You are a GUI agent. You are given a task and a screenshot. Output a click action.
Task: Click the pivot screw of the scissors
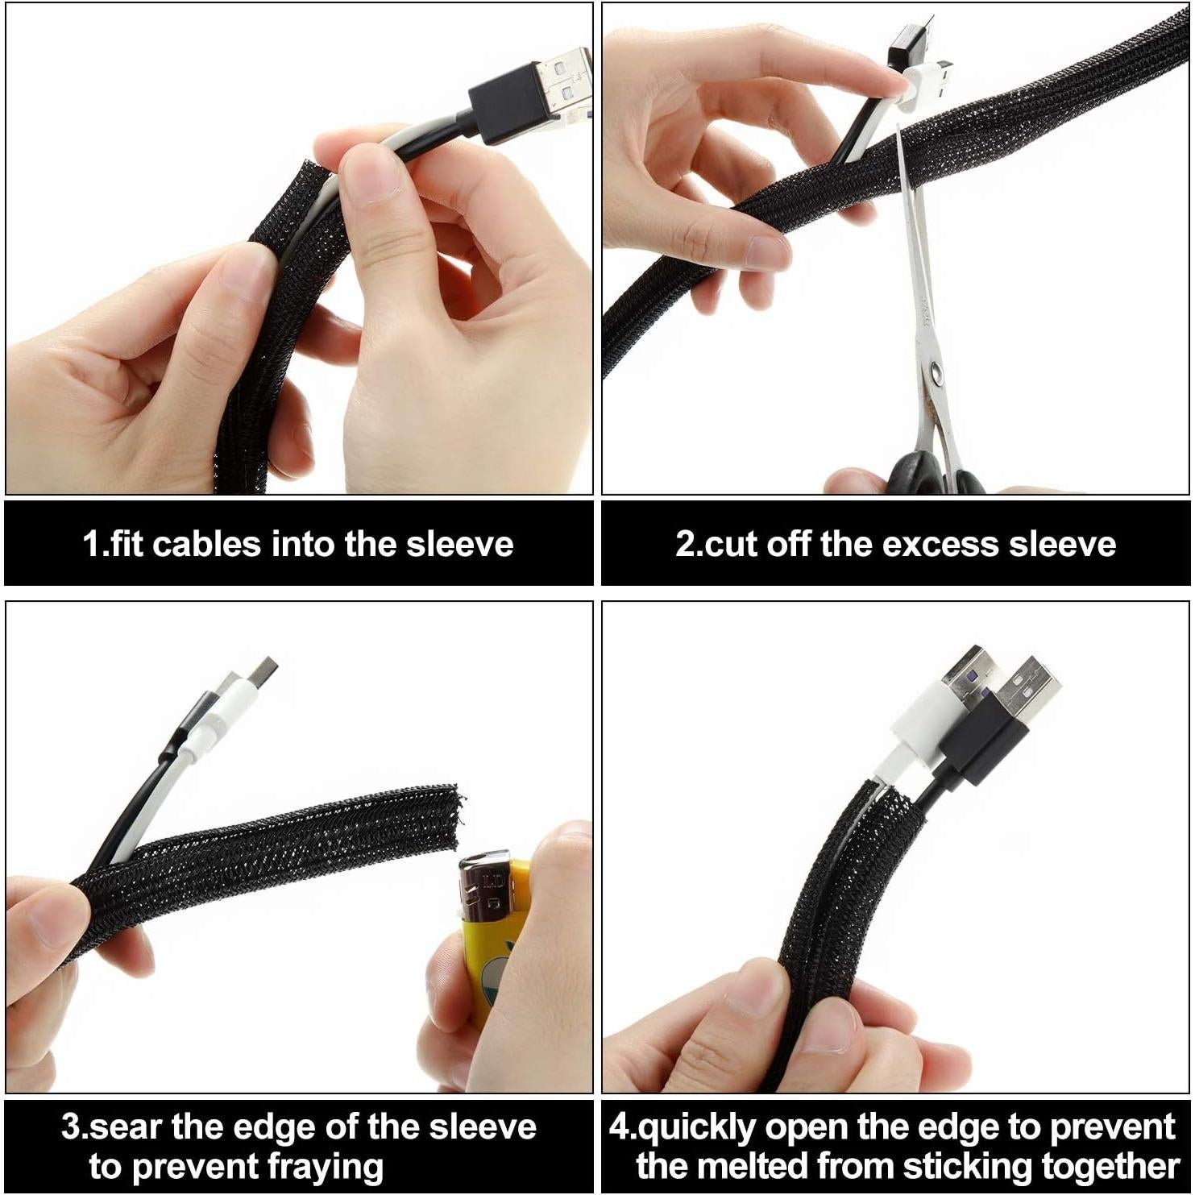click(x=935, y=371)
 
